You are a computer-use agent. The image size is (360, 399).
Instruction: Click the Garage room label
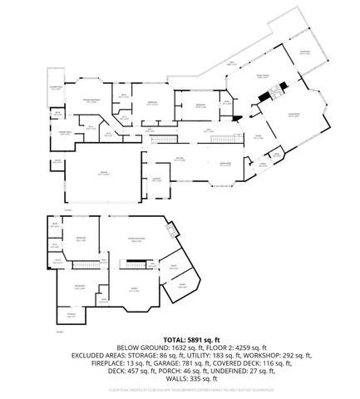[x=104, y=173]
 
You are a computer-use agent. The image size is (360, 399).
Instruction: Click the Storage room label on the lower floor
[x=71, y=314]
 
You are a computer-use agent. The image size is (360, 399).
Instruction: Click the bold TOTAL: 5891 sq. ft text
[x=180, y=339]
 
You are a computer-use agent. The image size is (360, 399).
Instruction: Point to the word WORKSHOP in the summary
[x=250, y=355]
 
